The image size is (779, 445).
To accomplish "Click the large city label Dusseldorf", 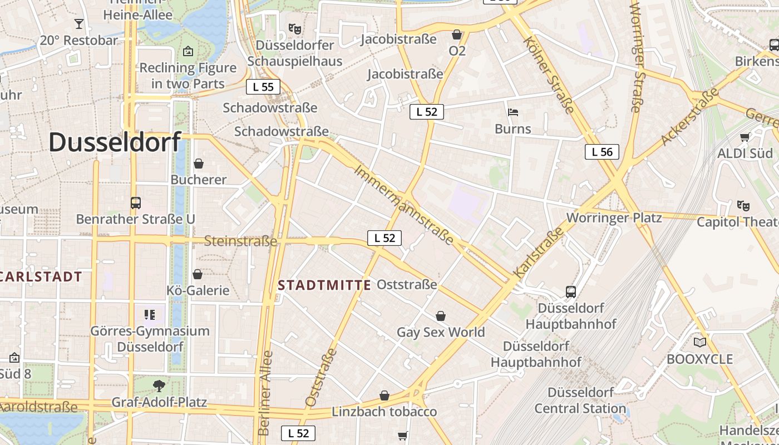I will tap(115, 142).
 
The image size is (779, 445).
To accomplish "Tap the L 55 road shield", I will tap(263, 87).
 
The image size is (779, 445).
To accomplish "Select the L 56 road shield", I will tap(602, 151).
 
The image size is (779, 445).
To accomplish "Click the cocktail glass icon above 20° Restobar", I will tap(78, 24).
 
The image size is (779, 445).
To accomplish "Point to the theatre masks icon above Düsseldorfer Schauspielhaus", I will tap(294, 28).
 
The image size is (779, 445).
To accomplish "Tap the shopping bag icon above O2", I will tap(457, 34).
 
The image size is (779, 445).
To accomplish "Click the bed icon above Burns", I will tap(513, 112).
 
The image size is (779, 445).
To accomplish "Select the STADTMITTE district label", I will tap(324, 285).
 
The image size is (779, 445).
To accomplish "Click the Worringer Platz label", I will tap(614, 217).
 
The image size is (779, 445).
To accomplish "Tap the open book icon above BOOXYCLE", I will tap(699, 342).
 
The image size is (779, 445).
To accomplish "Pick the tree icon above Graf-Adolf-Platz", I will tap(159, 385).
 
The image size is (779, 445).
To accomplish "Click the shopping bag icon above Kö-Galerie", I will tap(198, 274).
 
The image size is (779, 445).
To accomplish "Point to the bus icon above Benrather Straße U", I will tap(135, 202).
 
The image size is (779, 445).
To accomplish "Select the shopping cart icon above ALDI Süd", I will tap(745, 137).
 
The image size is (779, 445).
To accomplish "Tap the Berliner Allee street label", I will tap(265, 393).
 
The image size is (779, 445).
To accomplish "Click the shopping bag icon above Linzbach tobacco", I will tap(384, 395).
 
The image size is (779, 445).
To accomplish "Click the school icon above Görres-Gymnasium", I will tap(149, 315).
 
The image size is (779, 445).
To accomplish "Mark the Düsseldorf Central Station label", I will tap(580, 400).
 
